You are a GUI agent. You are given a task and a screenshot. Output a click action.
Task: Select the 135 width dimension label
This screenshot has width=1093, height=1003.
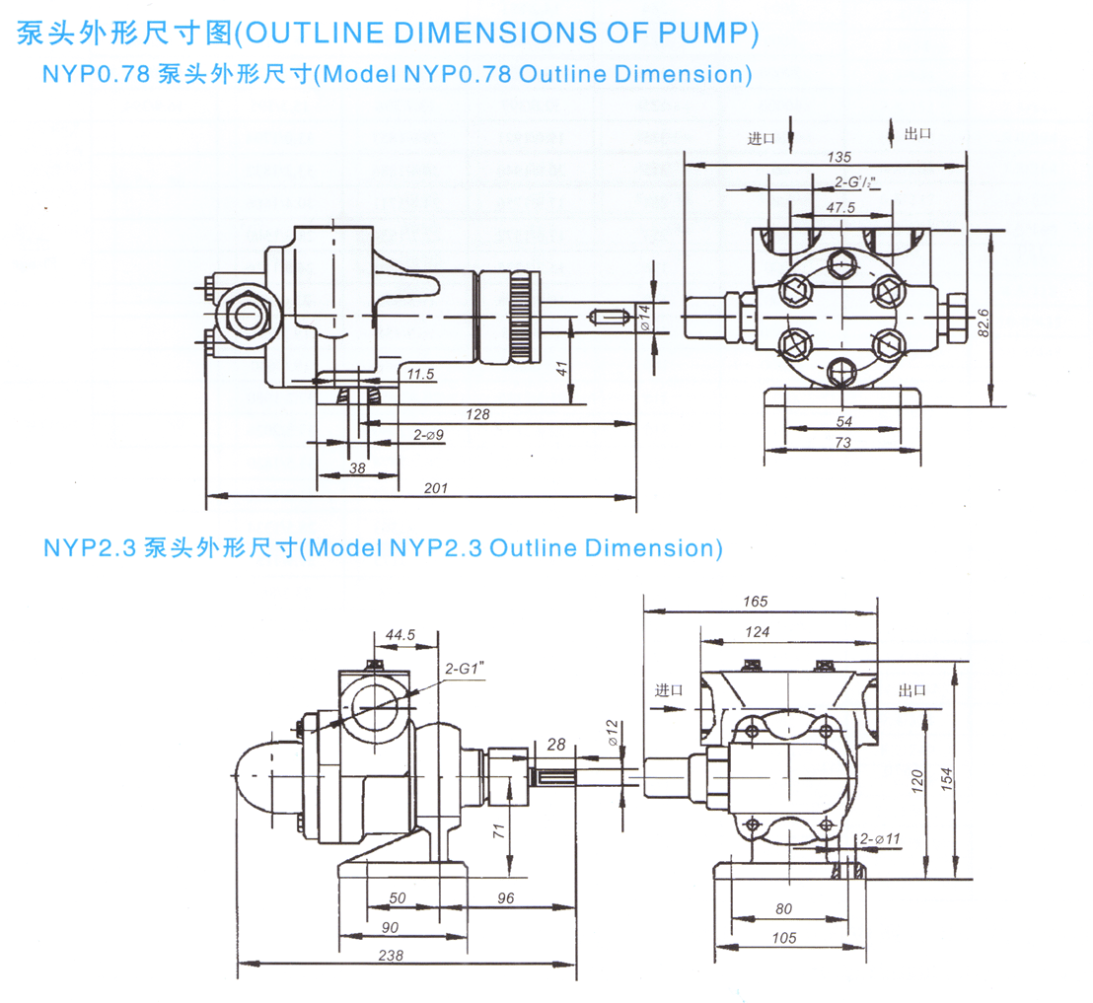pyautogui.click(x=839, y=157)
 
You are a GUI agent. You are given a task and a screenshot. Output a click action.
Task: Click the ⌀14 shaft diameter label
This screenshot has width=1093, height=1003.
pyautogui.click(x=645, y=317)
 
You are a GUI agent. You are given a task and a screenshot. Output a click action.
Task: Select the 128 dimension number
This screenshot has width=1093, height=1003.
pyautogui.click(x=477, y=414)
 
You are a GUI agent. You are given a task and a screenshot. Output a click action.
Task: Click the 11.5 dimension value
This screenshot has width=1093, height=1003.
pyautogui.click(x=421, y=374)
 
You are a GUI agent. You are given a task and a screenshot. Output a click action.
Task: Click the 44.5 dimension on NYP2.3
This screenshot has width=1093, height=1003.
pyautogui.click(x=400, y=635)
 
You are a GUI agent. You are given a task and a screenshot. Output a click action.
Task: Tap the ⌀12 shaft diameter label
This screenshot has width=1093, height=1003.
pyautogui.click(x=612, y=732)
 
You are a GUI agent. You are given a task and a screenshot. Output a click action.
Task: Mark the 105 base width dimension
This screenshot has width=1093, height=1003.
pyautogui.click(x=784, y=938)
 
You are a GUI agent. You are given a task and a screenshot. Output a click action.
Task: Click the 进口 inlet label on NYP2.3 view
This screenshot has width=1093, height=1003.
pyautogui.click(x=669, y=690)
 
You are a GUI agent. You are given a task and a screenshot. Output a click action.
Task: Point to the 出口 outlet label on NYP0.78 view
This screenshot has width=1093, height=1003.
pyautogui.click(x=917, y=134)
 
